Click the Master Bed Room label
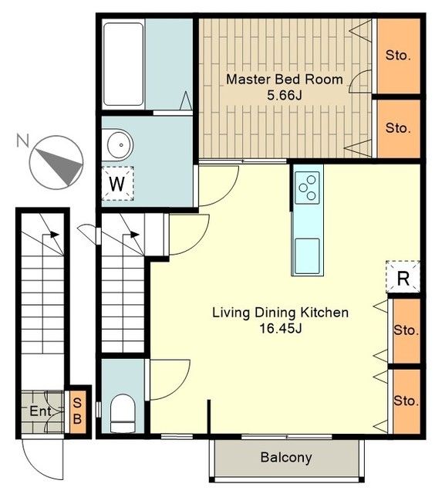tap(285, 79)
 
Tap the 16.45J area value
tap(281, 329)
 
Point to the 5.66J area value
tap(285, 95)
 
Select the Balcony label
tap(286, 457)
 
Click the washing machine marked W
tap(118, 184)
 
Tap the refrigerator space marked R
tap(403, 277)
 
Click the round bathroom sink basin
tap(120, 145)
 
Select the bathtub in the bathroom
tap(123, 64)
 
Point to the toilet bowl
tap(123, 413)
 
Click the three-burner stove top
tap(307, 188)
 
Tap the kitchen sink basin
tap(307, 255)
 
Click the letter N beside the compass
tap(22, 140)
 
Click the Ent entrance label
tap(41, 411)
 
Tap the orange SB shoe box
tap(77, 411)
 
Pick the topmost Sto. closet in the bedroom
tap(399, 56)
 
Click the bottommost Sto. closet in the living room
tap(406, 401)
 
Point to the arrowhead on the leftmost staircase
tap(55, 235)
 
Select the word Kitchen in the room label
tap(325, 313)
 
